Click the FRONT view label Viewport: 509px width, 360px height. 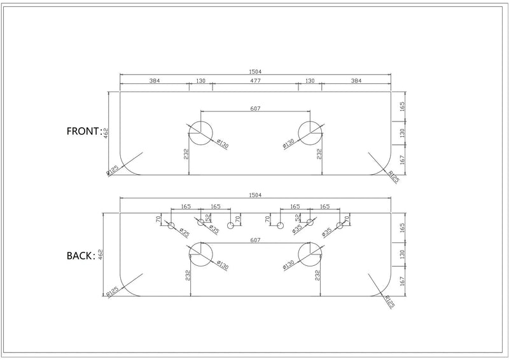(84, 132)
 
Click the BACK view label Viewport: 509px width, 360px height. (81, 256)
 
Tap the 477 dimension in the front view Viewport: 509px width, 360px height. (255, 81)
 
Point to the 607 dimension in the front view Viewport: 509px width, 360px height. (255, 109)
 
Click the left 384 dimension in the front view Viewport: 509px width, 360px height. (155, 81)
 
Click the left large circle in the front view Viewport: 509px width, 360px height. (200, 132)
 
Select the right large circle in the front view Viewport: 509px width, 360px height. (310, 132)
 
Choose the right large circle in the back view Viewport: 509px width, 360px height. (310, 256)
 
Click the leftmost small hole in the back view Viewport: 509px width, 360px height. (171, 226)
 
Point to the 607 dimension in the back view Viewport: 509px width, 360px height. (255, 240)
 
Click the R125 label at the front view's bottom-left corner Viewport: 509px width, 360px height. (113, 170)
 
